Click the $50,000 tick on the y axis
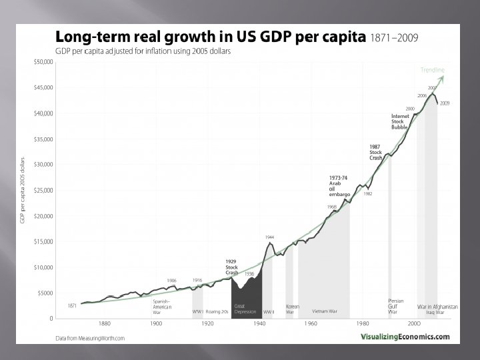[44, 62]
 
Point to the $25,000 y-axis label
[44, 190]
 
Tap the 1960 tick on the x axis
[311, 323]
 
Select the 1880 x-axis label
[104, 323]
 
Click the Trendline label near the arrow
[433, 70]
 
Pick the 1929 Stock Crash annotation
[231, 267]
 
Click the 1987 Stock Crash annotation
[376, 153]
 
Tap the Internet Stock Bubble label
[399, 123]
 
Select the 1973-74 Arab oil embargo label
[339, 186]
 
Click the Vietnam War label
[325, 311]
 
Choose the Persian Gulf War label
[395, 306]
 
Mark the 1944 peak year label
[269, 237]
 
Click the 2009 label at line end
[445, 103]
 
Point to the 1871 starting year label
[72, 305]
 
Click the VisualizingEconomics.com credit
[405, 337]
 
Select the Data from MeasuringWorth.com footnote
[90, 338]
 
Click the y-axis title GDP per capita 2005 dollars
[23, 190]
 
